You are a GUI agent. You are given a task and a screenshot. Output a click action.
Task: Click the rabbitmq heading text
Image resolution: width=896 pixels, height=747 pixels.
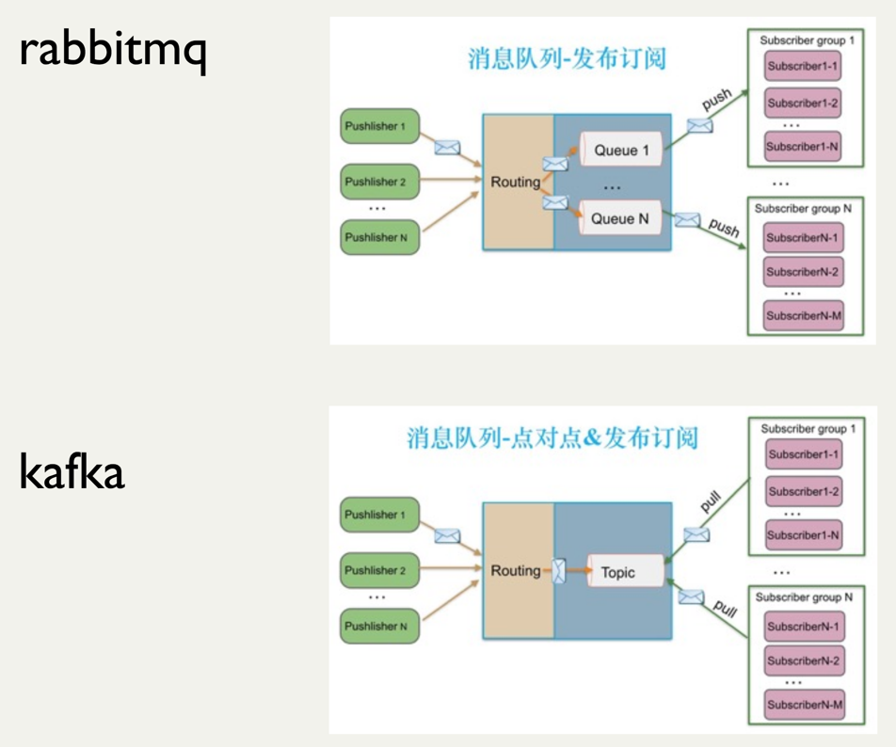112,53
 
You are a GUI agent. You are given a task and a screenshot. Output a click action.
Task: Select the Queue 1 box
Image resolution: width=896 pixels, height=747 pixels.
620,150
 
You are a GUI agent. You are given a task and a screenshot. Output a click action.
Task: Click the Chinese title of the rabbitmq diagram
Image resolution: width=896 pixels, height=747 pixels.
567,59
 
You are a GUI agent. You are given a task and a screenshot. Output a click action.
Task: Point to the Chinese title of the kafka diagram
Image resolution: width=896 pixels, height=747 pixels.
552,438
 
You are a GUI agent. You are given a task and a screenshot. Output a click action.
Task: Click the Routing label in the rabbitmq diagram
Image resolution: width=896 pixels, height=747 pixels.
516,183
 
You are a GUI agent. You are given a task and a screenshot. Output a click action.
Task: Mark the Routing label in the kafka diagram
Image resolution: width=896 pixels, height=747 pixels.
516,571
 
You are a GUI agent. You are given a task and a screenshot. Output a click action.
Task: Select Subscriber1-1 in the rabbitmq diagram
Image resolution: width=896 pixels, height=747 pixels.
802,68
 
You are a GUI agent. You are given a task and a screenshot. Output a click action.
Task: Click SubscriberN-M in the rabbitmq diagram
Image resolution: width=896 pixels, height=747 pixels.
803,316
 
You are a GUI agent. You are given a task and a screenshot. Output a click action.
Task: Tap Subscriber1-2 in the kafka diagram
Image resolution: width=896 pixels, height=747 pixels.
803,491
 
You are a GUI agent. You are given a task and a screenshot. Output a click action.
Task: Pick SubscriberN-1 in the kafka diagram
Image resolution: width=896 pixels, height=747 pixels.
803,627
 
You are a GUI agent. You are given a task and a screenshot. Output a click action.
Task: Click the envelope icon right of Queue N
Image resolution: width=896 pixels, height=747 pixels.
687,220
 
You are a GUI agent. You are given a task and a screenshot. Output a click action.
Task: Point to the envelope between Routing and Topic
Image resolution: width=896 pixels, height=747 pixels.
559,571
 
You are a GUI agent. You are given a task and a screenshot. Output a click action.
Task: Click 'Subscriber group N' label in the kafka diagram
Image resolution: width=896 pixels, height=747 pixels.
804,596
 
